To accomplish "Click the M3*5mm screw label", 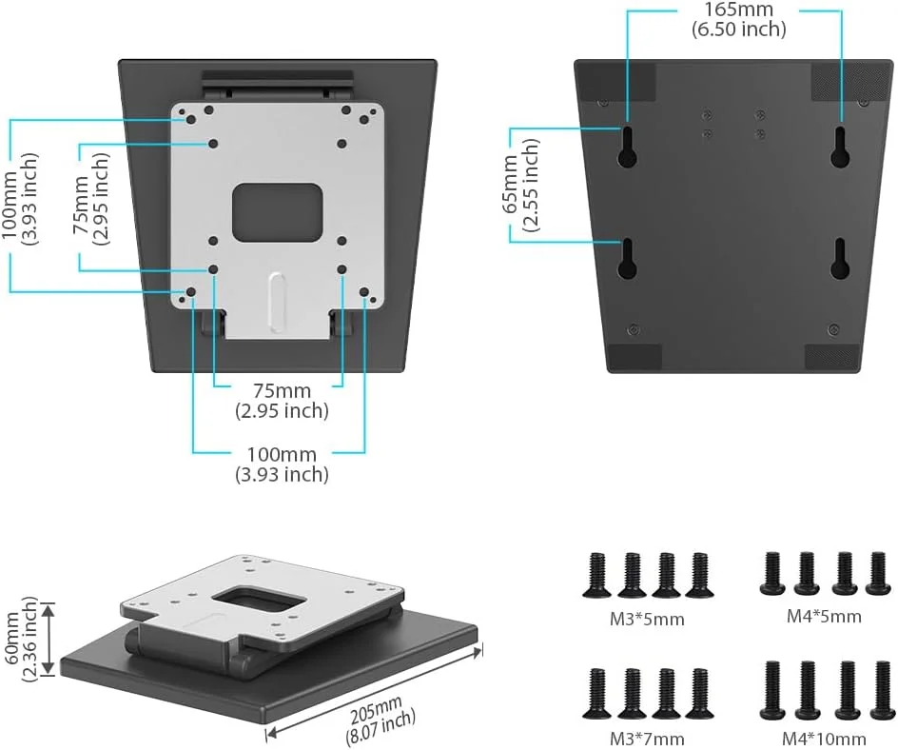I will [x=647, y=620].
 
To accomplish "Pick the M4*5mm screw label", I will [x=824, y=616].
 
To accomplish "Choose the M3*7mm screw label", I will [x=647, y=738].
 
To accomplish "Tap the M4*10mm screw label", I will [x=824, y=739].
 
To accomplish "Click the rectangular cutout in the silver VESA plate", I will [x=278, y=211].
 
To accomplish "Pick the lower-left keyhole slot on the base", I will [x=627, y=258].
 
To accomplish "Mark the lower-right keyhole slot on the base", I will [x=840, y=258].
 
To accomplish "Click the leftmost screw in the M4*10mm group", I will [x=771, y=691].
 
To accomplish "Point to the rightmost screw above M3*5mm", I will [x=699, y=575].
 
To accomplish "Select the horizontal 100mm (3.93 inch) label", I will [x=282, y=464].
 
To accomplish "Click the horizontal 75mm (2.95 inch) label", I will [x=282, y=401].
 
